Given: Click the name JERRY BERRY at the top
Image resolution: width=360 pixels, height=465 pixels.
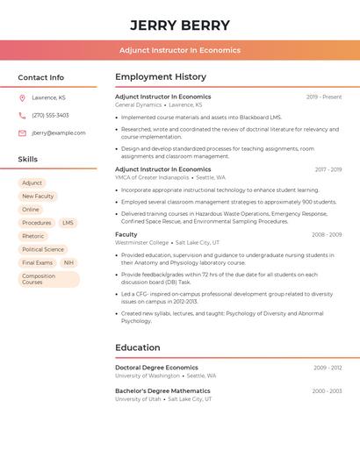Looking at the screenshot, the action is coord(180,25).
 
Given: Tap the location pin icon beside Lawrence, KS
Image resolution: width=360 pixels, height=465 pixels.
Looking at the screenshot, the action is coord(22,97).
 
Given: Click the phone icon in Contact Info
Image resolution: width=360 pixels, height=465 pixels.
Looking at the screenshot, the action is coord(22,115).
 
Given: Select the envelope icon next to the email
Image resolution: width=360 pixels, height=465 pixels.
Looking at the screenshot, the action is coord(22,133).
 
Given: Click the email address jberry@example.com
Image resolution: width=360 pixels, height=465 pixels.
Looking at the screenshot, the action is coord(59,133).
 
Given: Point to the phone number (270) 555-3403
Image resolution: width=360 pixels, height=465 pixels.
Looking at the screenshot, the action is coord(50,115).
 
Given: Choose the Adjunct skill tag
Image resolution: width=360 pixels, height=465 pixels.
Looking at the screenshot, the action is coord(32,183).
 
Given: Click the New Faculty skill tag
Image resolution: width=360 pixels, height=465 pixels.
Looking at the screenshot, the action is coord(38,197).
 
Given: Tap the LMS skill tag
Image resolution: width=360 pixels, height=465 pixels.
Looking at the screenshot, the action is coord(68,223).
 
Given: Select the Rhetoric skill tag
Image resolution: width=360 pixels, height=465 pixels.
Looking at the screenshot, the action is coord(33,236).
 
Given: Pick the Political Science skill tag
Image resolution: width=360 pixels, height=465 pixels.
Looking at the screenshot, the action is coord(43,249).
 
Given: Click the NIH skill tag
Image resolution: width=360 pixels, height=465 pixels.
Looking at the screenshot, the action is coord(68,262).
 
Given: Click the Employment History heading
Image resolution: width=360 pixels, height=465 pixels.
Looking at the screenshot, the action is coord(161,77).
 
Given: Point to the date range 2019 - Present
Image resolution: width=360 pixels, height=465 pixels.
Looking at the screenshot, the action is coord(324,97).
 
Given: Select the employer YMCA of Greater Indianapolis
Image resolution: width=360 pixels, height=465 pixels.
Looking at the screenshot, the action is coord(152,177).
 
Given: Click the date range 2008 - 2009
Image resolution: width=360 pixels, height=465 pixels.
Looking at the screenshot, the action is coord(327,234).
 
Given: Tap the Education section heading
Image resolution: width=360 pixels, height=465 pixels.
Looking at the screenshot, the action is coord(138,347).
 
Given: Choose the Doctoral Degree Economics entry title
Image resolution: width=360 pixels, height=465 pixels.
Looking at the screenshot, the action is coord(156,368).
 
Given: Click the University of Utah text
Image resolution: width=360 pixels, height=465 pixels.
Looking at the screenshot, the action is coord(138,399).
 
